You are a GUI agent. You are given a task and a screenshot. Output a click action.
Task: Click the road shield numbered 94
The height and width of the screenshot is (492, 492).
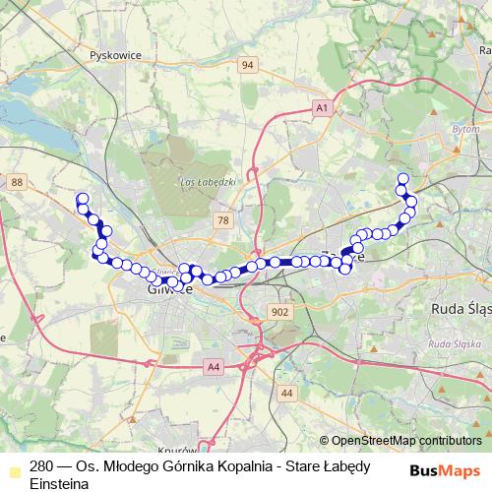[247, 66]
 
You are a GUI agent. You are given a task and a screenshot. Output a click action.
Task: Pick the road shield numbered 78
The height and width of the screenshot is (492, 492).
[223, 221]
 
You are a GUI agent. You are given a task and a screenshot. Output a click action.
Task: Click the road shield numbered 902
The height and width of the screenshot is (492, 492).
[279, 311]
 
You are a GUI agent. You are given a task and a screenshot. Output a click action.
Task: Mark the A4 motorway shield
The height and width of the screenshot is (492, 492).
[214, 367]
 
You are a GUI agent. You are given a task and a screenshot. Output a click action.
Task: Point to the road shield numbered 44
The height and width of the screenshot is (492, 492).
[286, 393]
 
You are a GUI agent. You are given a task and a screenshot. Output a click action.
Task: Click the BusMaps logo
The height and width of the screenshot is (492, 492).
[444, 470]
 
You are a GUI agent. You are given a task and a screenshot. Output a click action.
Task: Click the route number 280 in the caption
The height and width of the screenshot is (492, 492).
[42, 467]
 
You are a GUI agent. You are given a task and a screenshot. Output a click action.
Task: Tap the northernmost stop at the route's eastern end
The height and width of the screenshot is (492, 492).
[402, 179]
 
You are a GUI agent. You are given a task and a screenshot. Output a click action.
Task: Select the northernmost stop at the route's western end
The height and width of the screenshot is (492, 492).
[83, 199]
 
